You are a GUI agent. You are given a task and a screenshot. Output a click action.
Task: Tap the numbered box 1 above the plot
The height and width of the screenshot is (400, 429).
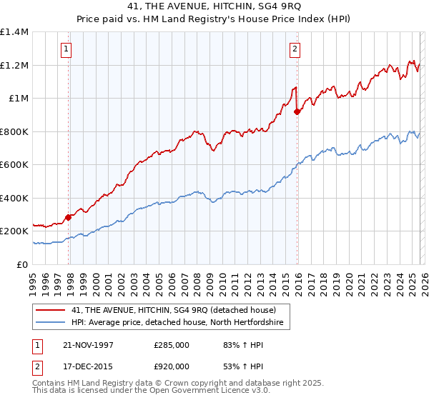(x=66, y=49)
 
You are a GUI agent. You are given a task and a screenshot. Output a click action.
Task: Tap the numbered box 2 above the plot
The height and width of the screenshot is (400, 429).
(x=295, y=49)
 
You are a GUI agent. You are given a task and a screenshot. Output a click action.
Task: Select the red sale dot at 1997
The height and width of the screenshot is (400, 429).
(x=69, y=217)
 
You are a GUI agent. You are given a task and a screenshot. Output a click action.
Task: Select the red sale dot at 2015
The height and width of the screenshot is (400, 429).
(x=297, y=111)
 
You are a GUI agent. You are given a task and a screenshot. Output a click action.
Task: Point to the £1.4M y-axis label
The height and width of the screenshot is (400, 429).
(x=14, y=32)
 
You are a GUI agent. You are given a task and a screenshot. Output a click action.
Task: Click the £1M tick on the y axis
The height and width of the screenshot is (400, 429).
(x=18, y=99)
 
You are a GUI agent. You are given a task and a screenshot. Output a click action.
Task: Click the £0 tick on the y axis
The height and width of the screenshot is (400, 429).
(x=23, y=264)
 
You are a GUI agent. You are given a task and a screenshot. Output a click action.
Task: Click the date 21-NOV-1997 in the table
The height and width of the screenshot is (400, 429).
(x=89, y=344)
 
